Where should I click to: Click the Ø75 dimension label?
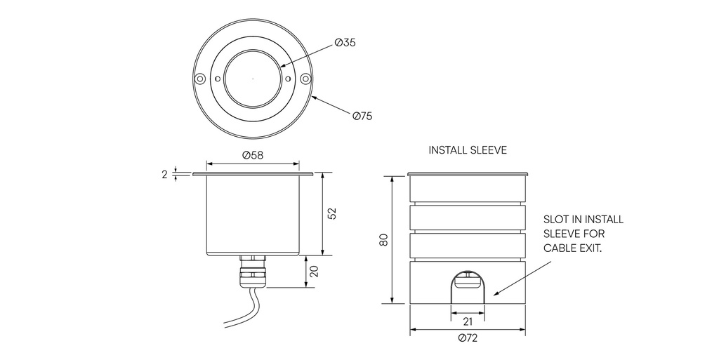(362, 115)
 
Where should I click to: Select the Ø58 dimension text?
(253, 155)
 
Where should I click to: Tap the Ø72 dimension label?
(468, 339)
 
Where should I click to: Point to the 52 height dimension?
(333, 213)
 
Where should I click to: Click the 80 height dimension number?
(383, 240)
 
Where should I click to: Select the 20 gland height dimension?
(314, 272)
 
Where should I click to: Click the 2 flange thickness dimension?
(165, 174)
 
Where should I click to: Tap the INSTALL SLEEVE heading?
(468, 150)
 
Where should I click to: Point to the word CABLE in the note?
(562, 248)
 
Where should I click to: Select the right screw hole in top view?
(305, 79)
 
